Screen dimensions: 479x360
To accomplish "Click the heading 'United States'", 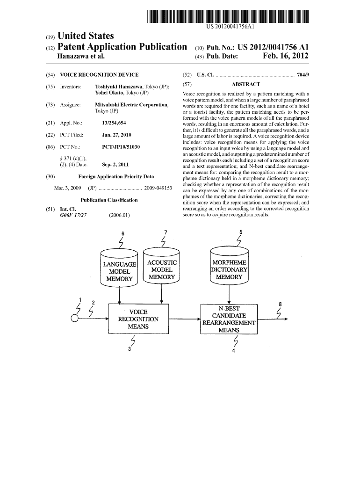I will coord(85,36).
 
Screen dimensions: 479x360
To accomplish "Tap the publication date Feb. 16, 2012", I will coord(285,57).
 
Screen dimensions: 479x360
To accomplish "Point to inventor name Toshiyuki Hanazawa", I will coord(119,87).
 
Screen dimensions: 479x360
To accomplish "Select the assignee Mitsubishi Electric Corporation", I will coord(131,105).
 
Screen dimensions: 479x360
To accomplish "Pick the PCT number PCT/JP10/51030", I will coord(121,147).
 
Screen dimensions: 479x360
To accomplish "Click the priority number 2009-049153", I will coord(158,188).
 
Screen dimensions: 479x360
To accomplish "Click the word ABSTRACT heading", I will coord(245,84).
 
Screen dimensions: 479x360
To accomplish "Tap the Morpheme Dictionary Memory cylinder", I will coord(229,269).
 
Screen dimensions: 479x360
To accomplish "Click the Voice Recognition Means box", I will coord(138,319).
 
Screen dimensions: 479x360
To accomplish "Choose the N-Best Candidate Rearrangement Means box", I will coord(229,319).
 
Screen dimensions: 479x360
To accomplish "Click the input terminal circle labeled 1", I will coord(74,319).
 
